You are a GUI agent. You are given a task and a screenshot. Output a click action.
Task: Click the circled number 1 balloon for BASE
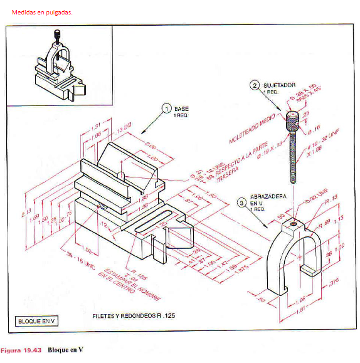166,108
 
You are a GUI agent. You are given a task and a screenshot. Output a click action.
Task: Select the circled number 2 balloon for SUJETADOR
255,85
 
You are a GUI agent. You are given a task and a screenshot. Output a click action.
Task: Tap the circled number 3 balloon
241,203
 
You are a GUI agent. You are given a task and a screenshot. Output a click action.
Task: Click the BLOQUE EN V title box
37,322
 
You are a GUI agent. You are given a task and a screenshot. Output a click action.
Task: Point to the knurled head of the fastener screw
293,120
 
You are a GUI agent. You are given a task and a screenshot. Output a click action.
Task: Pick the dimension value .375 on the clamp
333,283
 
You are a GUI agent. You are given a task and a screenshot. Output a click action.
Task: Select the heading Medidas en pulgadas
41,12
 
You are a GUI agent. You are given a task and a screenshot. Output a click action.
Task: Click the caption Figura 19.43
21,349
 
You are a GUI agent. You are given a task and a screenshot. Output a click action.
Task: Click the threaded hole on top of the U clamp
294,223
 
